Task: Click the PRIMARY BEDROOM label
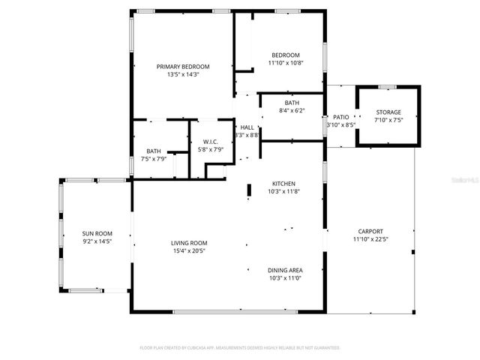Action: (183, 67)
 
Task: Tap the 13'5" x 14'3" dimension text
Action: (183, 75)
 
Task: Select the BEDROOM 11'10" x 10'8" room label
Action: (285, 55)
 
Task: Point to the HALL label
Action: (246, 127)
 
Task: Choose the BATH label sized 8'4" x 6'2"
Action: (292, 103)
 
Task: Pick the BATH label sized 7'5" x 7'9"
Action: (154, 151)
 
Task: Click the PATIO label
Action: (340, 118)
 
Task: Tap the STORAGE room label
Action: (388, 112)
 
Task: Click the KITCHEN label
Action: (283, 184)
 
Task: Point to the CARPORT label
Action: (370, 231)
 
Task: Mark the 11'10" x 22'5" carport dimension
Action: (370, 239)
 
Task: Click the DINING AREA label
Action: (285, 270)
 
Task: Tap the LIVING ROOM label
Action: (189, 243)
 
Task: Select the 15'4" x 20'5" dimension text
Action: (189, 251)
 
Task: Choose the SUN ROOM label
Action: (97, 234)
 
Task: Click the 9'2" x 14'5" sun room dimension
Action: (97, 242)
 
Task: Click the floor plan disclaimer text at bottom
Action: (240, 348)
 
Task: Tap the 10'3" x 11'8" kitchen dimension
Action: (283, 192)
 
